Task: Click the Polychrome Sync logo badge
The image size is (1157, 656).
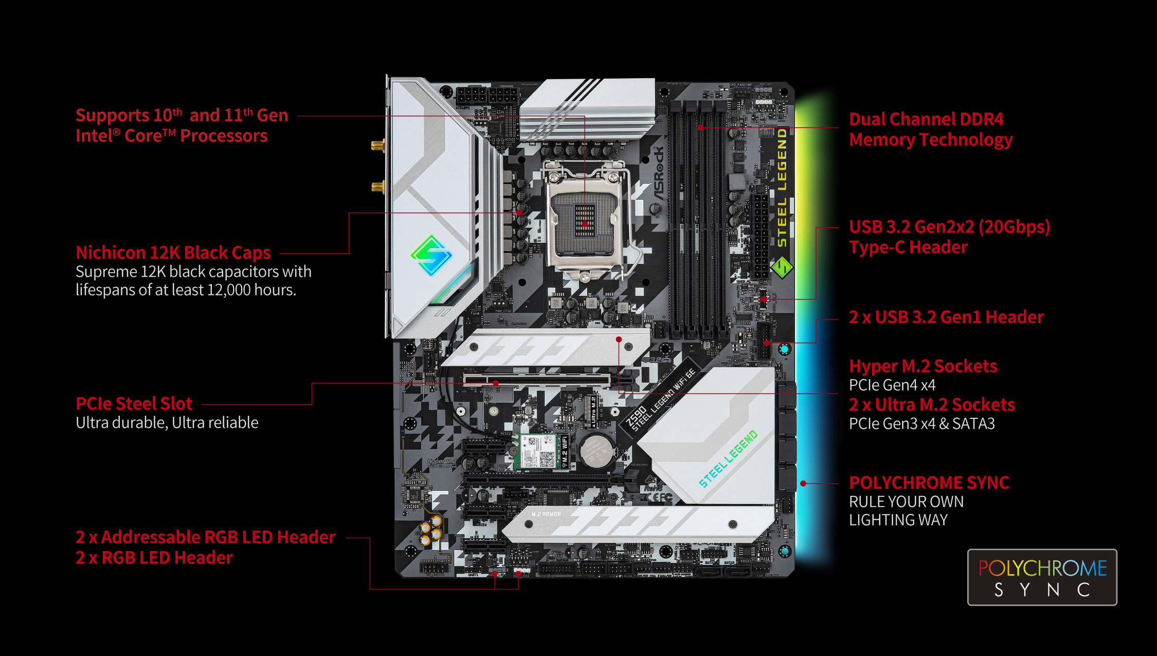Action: click(1042, 577)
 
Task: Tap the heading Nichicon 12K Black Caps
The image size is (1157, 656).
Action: click(173, 253)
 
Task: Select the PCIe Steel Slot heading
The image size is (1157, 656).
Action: click(134, 403)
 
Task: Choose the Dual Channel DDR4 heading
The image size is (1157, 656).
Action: click(926, 119)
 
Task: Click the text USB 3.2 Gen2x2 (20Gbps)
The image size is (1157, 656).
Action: click(949, 226)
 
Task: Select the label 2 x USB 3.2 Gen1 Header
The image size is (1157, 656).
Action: click(946, 317)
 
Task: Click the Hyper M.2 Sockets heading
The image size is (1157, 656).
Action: click(923, 366)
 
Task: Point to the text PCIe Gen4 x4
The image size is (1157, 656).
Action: click(892, 385)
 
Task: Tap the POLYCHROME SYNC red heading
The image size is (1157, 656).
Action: click(929, 483)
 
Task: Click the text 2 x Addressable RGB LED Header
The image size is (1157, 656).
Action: click(205, 537)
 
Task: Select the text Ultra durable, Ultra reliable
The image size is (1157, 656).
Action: click(167, 422)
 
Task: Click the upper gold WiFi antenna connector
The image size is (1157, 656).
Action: click(378, 145)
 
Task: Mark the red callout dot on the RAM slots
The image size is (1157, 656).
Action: click(700, 127)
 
